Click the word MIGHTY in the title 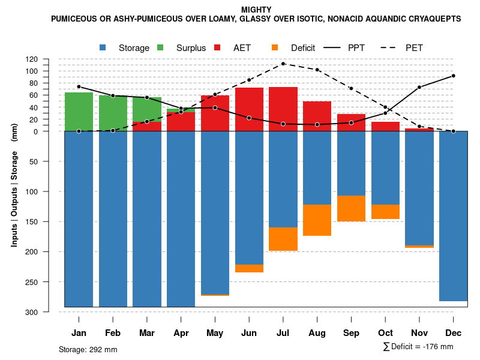(x=256, y=10)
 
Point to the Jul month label (x=283, y=333)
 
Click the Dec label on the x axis (x=453, y=333)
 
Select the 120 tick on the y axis (x=49, y=59)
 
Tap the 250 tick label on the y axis (x=48, y=282)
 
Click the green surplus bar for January (x=79, y=112)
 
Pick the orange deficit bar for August (x=317, y=220)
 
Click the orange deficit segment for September (x=351, y=208)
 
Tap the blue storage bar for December (x=453, y=216)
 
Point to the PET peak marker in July (x=283, y=64)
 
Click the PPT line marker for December (x=453, y=76)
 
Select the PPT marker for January (x=79, y=86)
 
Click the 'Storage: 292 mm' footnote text (x=88, y=349)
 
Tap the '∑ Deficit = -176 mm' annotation (x=418, y=347)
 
